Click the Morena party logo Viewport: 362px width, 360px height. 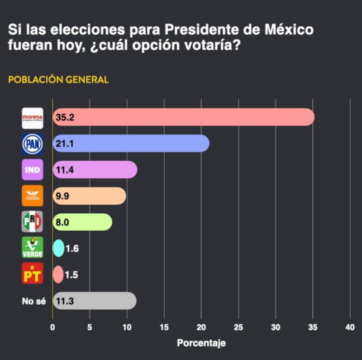pos(33,118)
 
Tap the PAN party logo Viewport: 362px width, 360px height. pos(33,144)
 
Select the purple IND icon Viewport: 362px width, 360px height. pos(33,170)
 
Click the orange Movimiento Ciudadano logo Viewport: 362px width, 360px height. pos(33,196)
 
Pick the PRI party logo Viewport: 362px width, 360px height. pos(33,221)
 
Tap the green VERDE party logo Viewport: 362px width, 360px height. pos(33,248)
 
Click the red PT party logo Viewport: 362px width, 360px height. pos(33,274)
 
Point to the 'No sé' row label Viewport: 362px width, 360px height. pos(34,300)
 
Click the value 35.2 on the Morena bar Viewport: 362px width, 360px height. pos(65,118)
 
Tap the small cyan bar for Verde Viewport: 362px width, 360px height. pos(58,248)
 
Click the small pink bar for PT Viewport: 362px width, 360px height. pos(58,274)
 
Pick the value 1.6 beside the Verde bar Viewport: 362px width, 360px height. pos(72,248)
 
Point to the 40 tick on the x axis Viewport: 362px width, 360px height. pos(350,327)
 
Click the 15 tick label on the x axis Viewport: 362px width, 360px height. pos(164,327)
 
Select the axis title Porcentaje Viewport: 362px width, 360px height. pos(201,343)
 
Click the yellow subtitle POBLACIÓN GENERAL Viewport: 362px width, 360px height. pos(58,80)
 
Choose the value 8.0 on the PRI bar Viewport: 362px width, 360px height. pos(63,222)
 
